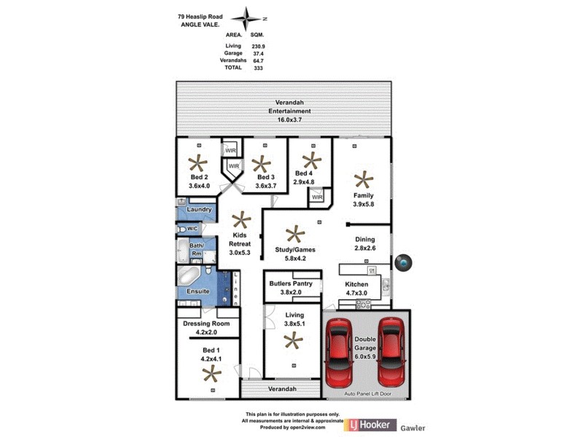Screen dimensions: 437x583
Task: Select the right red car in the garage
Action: coord(390,353)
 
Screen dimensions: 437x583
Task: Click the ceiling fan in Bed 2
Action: coord(198,164)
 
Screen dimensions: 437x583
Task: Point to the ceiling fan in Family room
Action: coord(362,179)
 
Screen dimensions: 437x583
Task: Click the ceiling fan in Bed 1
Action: coord(212,374)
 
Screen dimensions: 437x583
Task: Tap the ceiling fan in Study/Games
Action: coord(294,235)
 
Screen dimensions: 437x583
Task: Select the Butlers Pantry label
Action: coord(291,283)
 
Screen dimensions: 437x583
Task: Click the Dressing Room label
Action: coord(206,323)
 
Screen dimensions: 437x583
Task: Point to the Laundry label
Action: coord(199,210)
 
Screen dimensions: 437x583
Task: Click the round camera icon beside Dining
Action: coord(403,262)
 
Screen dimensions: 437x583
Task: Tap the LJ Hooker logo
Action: coord(372,425)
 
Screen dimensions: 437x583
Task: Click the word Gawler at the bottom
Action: coord(412,428)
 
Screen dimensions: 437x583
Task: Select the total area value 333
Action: coord(257,68)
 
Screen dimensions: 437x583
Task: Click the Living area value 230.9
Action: coord(257,46)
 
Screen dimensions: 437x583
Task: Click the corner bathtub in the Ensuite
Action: coord(188,277)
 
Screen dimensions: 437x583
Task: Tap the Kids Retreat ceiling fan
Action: coord(240,220)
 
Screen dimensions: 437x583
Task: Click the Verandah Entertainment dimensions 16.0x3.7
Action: coord(289,119)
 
